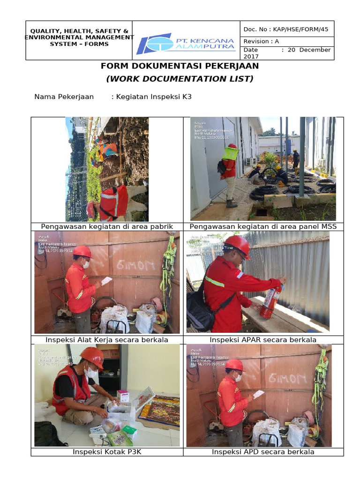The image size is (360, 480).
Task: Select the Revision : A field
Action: (x=261, y=41)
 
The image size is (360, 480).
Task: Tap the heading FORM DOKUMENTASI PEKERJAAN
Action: (x=180, y=66)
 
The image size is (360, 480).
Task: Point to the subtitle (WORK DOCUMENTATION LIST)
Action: (x=180, y=79)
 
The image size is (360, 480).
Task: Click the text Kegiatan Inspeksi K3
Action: (x=151, y=97)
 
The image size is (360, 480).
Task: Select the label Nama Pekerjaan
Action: (x=64, y=97)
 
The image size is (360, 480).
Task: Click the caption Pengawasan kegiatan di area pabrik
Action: (x=107, y=226)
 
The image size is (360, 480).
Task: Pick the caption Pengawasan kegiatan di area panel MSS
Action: (x=263, y=226)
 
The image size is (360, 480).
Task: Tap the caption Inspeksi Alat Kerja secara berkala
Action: (x=107, y=339)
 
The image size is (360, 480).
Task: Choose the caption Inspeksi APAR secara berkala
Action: (x=263, y=339)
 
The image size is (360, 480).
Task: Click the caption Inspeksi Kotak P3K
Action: (x=107, y=452)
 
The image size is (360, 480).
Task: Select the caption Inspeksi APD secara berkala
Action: (x=263, y=452)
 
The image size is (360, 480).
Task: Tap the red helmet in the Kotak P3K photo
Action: (x=92, y=356)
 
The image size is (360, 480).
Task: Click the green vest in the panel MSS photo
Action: (x=231, y=153)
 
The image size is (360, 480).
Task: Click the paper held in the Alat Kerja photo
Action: (x=106, y=281)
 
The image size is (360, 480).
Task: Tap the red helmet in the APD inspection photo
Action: (x=235, y=365)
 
